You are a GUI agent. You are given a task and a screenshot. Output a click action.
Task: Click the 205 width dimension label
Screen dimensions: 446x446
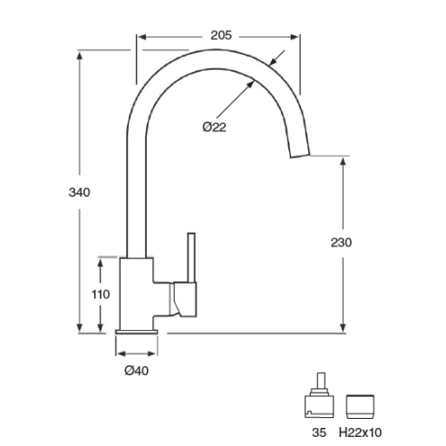coord(221,35)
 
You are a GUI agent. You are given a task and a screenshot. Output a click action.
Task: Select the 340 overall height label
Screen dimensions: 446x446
coord(79,192)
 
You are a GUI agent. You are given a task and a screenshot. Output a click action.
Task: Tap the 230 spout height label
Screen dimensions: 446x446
coord(341,242)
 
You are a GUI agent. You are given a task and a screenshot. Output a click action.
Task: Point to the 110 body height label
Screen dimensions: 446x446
coord(101,294)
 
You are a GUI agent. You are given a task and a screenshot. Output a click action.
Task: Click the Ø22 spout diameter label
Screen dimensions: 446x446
coord(214,127)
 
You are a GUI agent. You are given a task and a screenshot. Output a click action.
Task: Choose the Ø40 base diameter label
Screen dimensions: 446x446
coord(137,371)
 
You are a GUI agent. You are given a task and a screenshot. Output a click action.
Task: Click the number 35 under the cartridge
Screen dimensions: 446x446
coord(319,432)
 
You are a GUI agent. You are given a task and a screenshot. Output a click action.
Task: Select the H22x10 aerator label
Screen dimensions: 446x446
coord(360,432)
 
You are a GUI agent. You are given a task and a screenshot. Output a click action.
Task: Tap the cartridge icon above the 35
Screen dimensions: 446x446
coord(319,395)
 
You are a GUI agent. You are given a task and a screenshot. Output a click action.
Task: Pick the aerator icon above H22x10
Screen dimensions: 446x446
coord(360,407)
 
